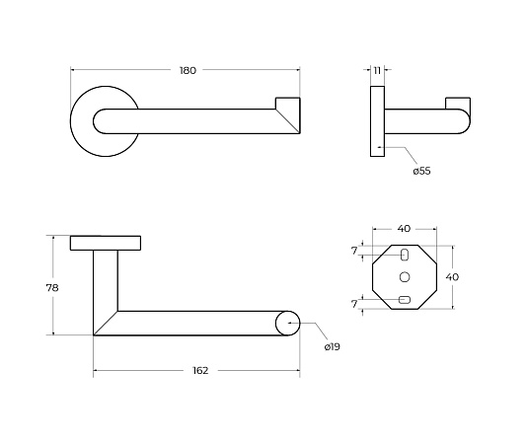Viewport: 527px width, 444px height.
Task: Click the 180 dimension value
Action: click(188, 71)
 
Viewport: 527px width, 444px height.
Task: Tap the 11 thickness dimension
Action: click(377, 71)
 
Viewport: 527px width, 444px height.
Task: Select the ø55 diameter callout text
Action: click(421, 171)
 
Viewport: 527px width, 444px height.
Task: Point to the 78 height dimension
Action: click(52, 288)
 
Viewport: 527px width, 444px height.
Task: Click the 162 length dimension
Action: click(200, 370)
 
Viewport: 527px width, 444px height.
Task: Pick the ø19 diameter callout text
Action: click(332, 346)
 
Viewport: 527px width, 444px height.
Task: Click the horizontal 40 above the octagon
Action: click(404, 229)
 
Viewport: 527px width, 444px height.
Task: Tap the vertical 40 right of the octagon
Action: click(452, 277)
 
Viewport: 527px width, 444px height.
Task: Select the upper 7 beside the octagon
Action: click(354, 251)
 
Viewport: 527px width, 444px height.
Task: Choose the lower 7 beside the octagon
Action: click(354, 304)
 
